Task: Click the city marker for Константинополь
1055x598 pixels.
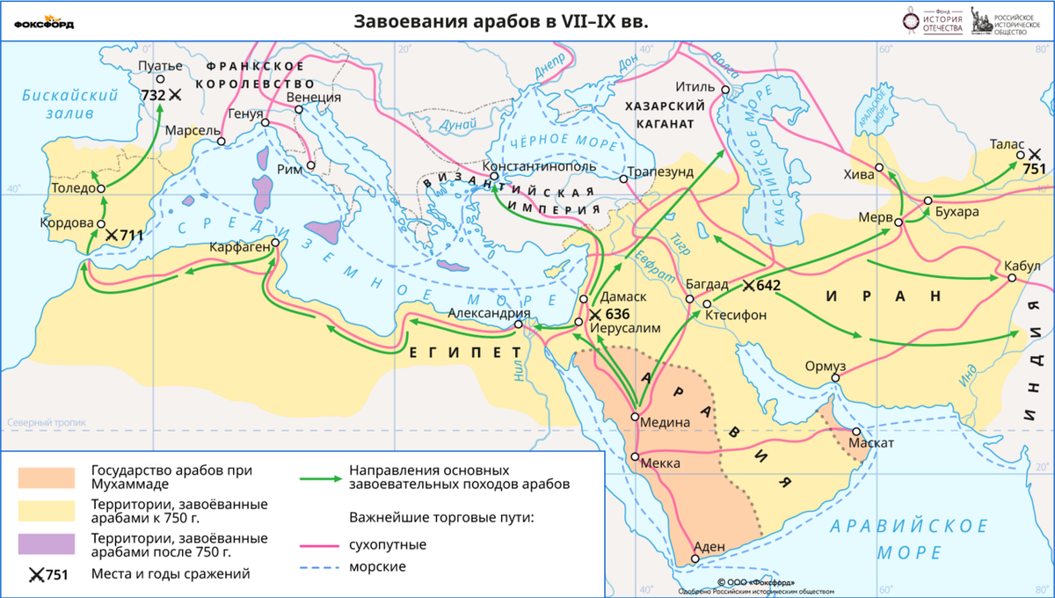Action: (x=495, y=176)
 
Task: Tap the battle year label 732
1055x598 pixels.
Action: (x=152, y=94)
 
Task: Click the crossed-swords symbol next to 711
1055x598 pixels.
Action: (x=112, y=236)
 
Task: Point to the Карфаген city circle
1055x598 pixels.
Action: (x=275, y=242)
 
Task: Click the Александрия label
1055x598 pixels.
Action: (x=488, y=313)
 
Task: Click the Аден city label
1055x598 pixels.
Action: (x=709, y=546)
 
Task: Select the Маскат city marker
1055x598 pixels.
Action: (x=857, y=431)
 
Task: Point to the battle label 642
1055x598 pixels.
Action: (x=768, y=285)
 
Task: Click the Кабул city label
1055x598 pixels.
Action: (x=1020, y=265)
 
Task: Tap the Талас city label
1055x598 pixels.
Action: (x=1005, y=142)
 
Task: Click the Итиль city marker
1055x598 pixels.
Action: (x=725, y=90)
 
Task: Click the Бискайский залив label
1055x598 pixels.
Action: (x=69, y=104)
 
